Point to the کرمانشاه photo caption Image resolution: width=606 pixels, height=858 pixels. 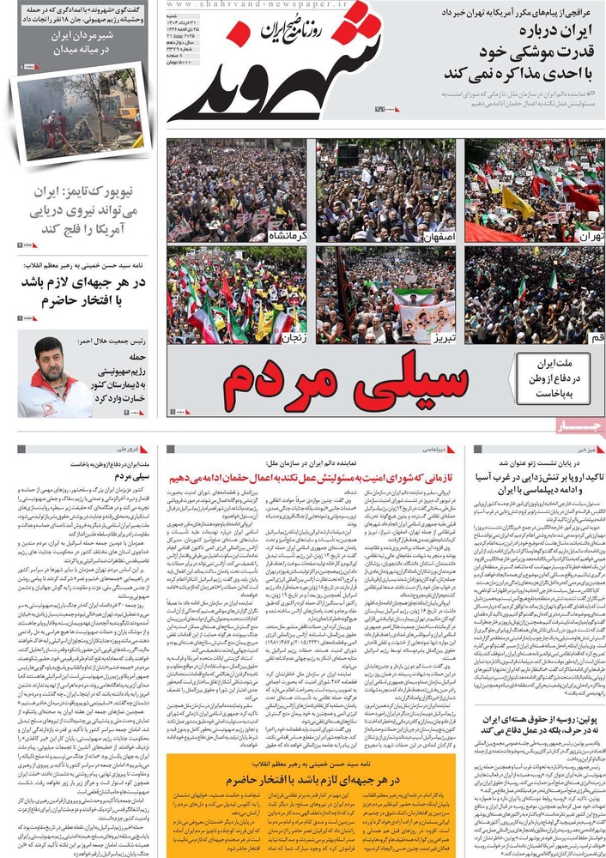coord(287,233)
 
